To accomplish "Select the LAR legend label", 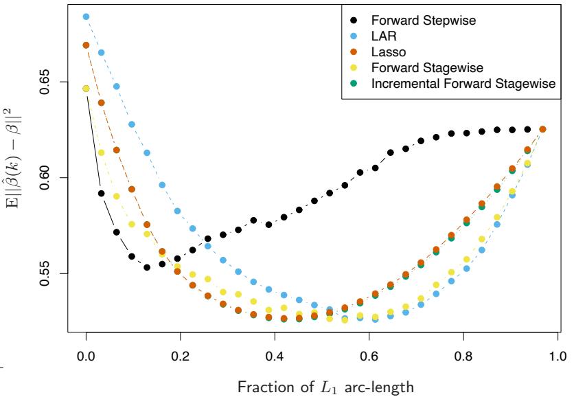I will tap(381, 34).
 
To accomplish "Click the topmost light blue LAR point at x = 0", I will tap(87, 16).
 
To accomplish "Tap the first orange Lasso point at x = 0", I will tap(87, 45).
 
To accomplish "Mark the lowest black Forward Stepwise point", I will tap(147, 267).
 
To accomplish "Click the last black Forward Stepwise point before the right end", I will tap(527, 129).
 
